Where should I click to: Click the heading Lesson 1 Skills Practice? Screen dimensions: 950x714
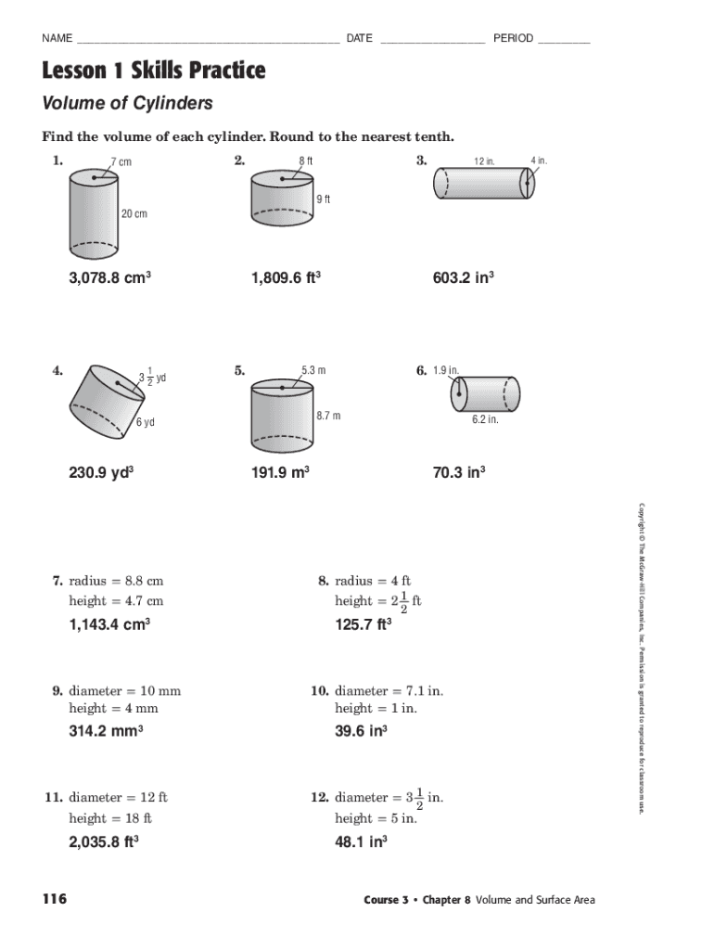(x=153, y=71)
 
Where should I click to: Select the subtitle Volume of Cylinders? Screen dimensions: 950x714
(x=127, y=103)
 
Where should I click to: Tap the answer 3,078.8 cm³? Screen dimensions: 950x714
(x=109, y=277)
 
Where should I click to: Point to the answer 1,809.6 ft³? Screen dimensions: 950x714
(x=286, y=277)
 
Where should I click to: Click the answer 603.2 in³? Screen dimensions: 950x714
(x=463, y=277)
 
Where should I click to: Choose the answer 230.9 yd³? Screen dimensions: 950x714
(x=102, y=472)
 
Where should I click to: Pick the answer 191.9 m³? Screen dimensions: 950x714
(x=279, y=472)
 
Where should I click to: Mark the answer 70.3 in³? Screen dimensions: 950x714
(x=459, y=472)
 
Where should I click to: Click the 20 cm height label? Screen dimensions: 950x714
(x=134, y=214)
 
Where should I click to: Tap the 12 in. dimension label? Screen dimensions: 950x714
(x=484, y=162)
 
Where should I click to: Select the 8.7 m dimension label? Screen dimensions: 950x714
(x=328, y=416)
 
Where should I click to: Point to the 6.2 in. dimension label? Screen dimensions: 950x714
(x=485, y=419)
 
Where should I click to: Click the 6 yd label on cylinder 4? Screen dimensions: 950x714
(x=145, y=423)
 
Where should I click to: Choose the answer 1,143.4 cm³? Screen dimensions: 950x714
(x=109, y=625)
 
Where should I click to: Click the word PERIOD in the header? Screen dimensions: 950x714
(x=513, y=38)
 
